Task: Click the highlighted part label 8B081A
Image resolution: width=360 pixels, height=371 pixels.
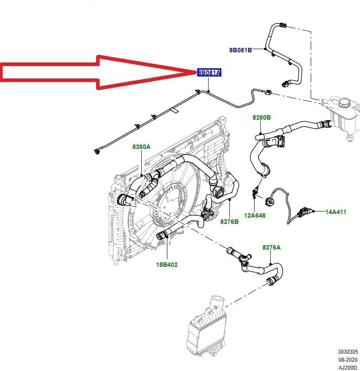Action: pos(209,73)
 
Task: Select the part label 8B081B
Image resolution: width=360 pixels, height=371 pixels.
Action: pos(240,50)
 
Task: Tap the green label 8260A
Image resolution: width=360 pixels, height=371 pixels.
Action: pos(141,146)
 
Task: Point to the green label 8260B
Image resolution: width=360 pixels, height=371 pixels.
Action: pos(262,117)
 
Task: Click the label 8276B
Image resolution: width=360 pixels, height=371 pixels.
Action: pos(229,221)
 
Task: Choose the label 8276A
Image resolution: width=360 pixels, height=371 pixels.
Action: pos(271,247)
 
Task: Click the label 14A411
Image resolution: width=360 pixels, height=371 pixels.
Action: pos(336,212)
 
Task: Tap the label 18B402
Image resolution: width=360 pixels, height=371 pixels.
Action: pos(167,265)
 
